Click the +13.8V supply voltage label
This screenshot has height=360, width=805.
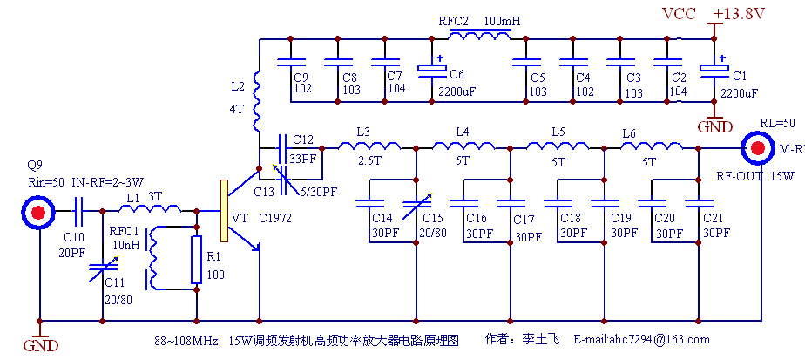tap(738, 13)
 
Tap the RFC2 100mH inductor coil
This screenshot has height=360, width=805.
tap(479, 37)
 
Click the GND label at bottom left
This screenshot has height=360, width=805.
tap(40, 346)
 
